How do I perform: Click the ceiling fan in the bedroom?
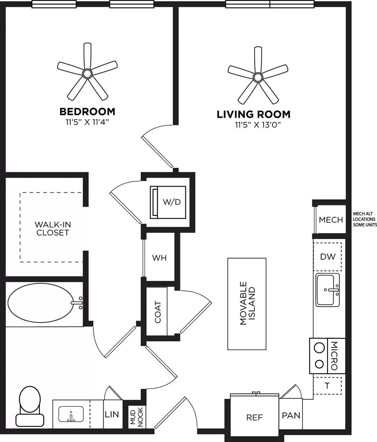(87, 74)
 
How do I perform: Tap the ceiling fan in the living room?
(258, 76)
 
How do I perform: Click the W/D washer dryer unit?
(168, 202)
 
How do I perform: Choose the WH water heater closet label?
(159, 258)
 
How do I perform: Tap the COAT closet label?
(158, 312)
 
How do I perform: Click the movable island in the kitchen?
(247, 304)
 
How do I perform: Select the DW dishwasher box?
(327, 257)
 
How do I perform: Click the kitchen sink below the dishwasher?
(328, 290)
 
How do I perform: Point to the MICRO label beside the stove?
(334, 356)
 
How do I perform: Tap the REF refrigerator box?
(255, 417)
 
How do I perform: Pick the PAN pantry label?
(291, 415)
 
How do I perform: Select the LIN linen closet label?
(112, 414)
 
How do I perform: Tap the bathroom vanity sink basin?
(71, 414)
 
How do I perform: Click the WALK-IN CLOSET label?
(53, 229)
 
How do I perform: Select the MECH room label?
(330, 220)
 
